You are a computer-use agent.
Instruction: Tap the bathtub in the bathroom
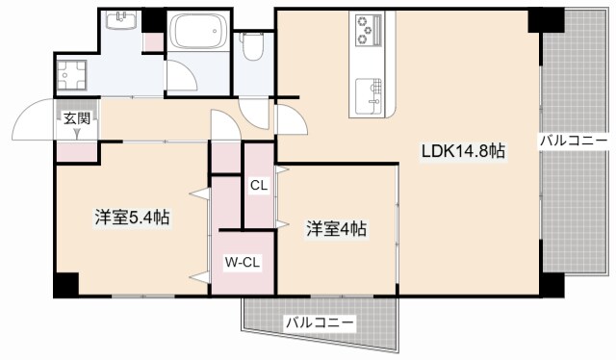tap(199, 37)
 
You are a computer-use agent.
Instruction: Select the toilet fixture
tap(253, 44)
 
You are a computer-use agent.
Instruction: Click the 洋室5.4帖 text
tap(132, 218)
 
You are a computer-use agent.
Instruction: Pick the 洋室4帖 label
tap(336, 229)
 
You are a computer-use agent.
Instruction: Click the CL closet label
tap(259, 185)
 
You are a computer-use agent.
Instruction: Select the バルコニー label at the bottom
tap(319, 321)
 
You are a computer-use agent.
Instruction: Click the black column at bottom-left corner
tap(65, 284)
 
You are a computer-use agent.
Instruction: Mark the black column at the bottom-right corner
tap(552, 284)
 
